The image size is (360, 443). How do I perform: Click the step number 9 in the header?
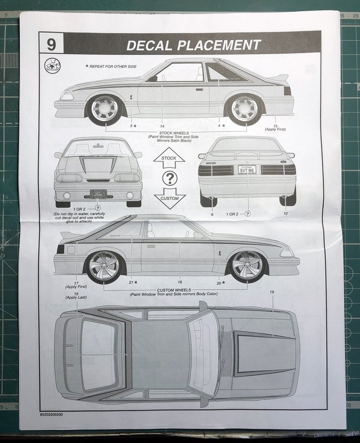pyautogui.click(x=51, y=44)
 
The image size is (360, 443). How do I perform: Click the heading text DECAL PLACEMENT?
pyautogui.click(x=194, y=45)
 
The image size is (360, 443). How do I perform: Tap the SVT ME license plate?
pyautogui.click(x=248, y=170)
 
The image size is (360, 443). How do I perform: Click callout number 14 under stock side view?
pyautogui.click(x=162, y=126)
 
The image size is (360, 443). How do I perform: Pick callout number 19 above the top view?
pyautogui.click(x=272, y=292)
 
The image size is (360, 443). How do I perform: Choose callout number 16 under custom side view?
pyautogui.click(x=180, y=282)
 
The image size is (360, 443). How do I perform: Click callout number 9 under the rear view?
pyautogui.click(x=212, y=214)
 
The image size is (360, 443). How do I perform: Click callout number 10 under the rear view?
pyautogui.click(x=285, y=214)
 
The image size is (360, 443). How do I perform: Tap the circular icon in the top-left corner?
pyautogui.click(x=52, y=66)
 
